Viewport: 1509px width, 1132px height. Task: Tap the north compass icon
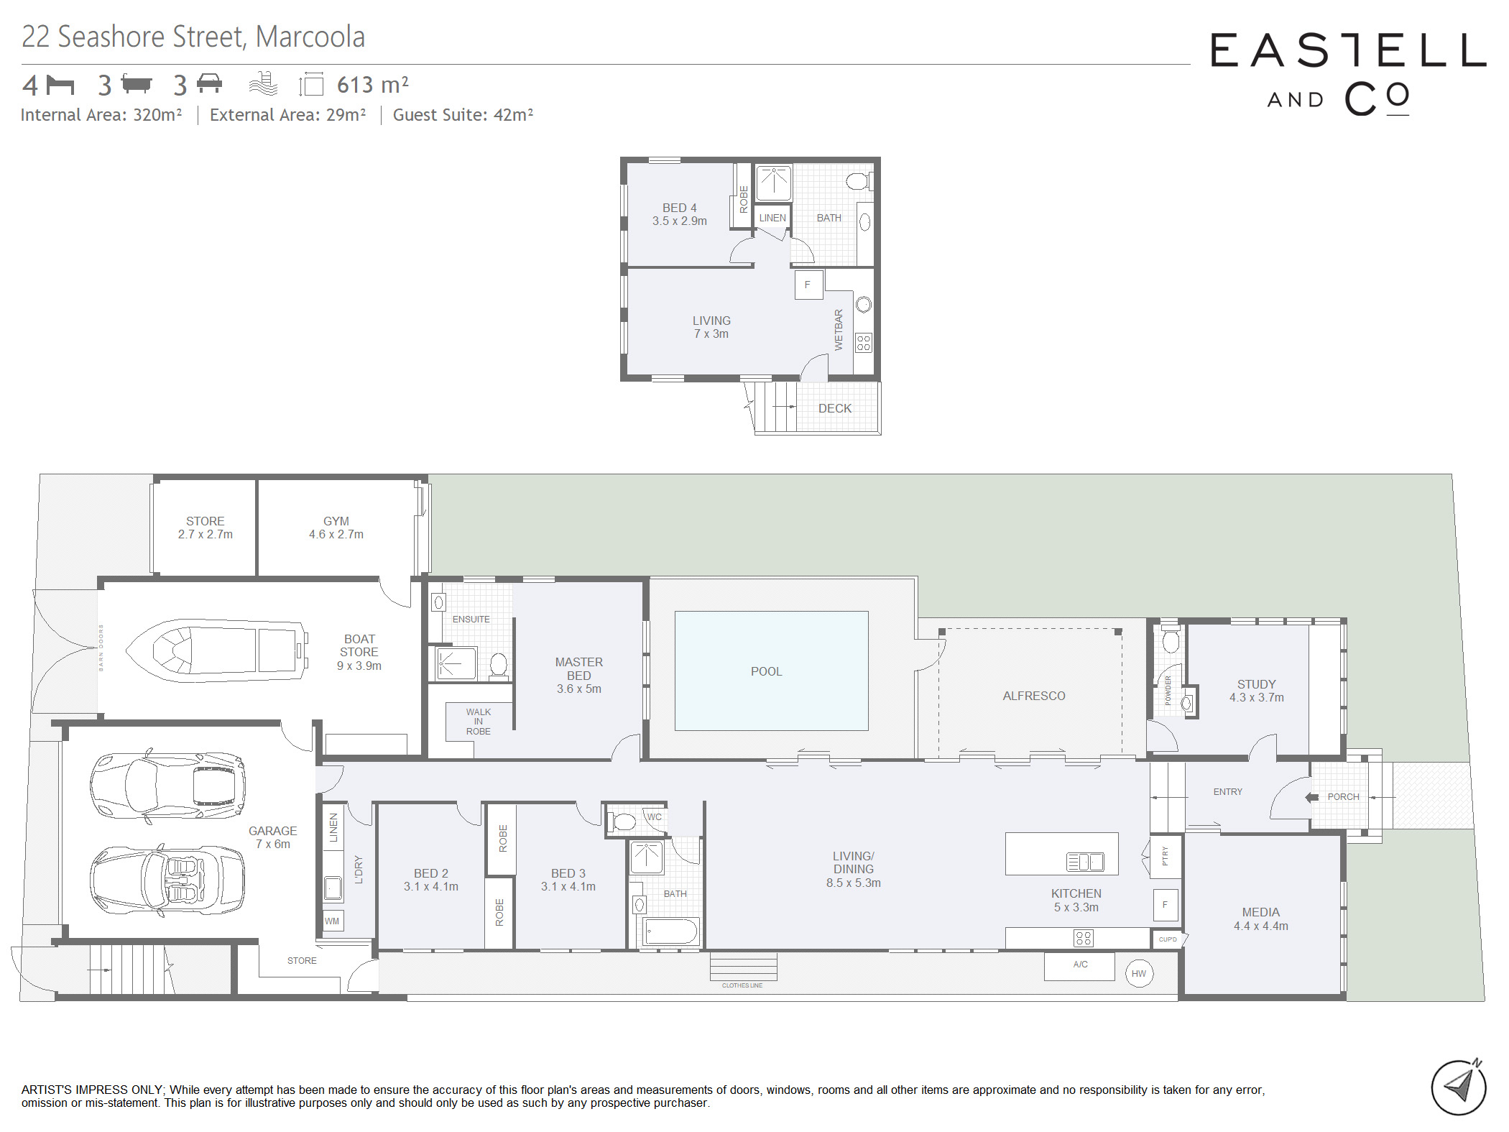point(1459,1087)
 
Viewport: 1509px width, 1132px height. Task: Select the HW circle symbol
point(1139,974)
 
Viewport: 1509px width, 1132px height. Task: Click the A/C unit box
point(1079,966)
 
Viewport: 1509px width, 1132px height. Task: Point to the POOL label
point(766,671)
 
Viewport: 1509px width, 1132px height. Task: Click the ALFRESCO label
point(1034,696)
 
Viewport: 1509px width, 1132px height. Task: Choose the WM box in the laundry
point(333,921)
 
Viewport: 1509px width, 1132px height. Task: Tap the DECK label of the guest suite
point(835,408)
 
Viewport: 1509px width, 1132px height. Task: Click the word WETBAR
point(839,330)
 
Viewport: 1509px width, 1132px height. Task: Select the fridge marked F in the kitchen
point(1165,905)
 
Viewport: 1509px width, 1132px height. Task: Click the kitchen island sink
point(1085,861)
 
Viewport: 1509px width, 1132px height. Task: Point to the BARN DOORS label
point(101,648)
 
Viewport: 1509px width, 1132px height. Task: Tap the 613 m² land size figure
point(373,85)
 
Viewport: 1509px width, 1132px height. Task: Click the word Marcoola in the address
point(310,37)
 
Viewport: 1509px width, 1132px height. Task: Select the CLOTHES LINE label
point(742,985)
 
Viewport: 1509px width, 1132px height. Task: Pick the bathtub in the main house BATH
point(671,931)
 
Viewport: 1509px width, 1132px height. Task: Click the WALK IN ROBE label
point(479,722)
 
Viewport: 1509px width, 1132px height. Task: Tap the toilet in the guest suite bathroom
point(858,181)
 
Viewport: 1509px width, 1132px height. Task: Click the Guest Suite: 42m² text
point(463,115)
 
